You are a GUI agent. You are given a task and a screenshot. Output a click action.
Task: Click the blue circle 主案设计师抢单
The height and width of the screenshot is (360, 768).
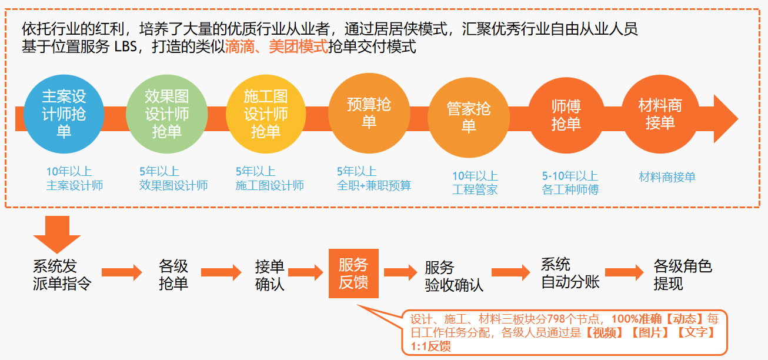click(64, 114)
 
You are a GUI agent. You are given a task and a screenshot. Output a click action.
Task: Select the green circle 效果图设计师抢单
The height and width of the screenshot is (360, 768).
click(166, 114)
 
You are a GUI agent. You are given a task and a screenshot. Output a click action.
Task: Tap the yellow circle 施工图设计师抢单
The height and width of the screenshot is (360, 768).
click(266, 114)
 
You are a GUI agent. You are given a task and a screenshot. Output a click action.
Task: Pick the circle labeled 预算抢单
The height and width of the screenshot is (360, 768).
click(369, 113)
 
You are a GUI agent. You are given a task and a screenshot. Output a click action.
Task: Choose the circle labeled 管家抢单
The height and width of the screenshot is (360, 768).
click(468, 118)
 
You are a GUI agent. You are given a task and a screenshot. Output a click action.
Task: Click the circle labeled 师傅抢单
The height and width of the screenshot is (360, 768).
click(566, 115)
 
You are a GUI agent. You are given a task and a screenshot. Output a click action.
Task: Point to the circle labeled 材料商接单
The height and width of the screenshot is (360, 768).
click(660, 114)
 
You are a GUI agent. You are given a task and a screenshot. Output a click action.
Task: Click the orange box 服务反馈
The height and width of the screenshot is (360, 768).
click(353, 274)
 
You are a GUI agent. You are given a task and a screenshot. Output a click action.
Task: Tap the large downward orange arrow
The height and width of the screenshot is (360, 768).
click(57, 235)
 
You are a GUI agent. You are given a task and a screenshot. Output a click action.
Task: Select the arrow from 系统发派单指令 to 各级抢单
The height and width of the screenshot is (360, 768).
click(122, 272)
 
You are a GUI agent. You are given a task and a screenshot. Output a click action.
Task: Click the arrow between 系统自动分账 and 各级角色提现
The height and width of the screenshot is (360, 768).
click(625, 272)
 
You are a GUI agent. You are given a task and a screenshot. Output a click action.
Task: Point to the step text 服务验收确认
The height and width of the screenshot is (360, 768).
click(453, 276)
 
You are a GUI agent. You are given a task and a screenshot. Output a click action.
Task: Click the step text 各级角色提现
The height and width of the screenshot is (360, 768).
click(682, 275)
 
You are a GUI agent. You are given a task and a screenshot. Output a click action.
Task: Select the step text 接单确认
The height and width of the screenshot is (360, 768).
click(269, 275)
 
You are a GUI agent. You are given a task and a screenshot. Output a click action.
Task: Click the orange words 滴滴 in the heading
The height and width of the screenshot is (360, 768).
click(240, 46)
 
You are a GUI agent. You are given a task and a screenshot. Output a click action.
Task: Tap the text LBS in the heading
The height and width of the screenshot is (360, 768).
click(126, 46)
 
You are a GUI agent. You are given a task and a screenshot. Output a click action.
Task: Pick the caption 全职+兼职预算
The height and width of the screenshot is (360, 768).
click(374, 185)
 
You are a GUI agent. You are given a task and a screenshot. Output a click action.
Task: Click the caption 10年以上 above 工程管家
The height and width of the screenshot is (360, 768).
click(475, 176)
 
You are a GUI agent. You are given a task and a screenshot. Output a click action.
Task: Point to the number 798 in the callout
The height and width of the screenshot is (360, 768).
click(556, 319)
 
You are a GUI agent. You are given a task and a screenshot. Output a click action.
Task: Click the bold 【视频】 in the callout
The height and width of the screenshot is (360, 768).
click(604, 332)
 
